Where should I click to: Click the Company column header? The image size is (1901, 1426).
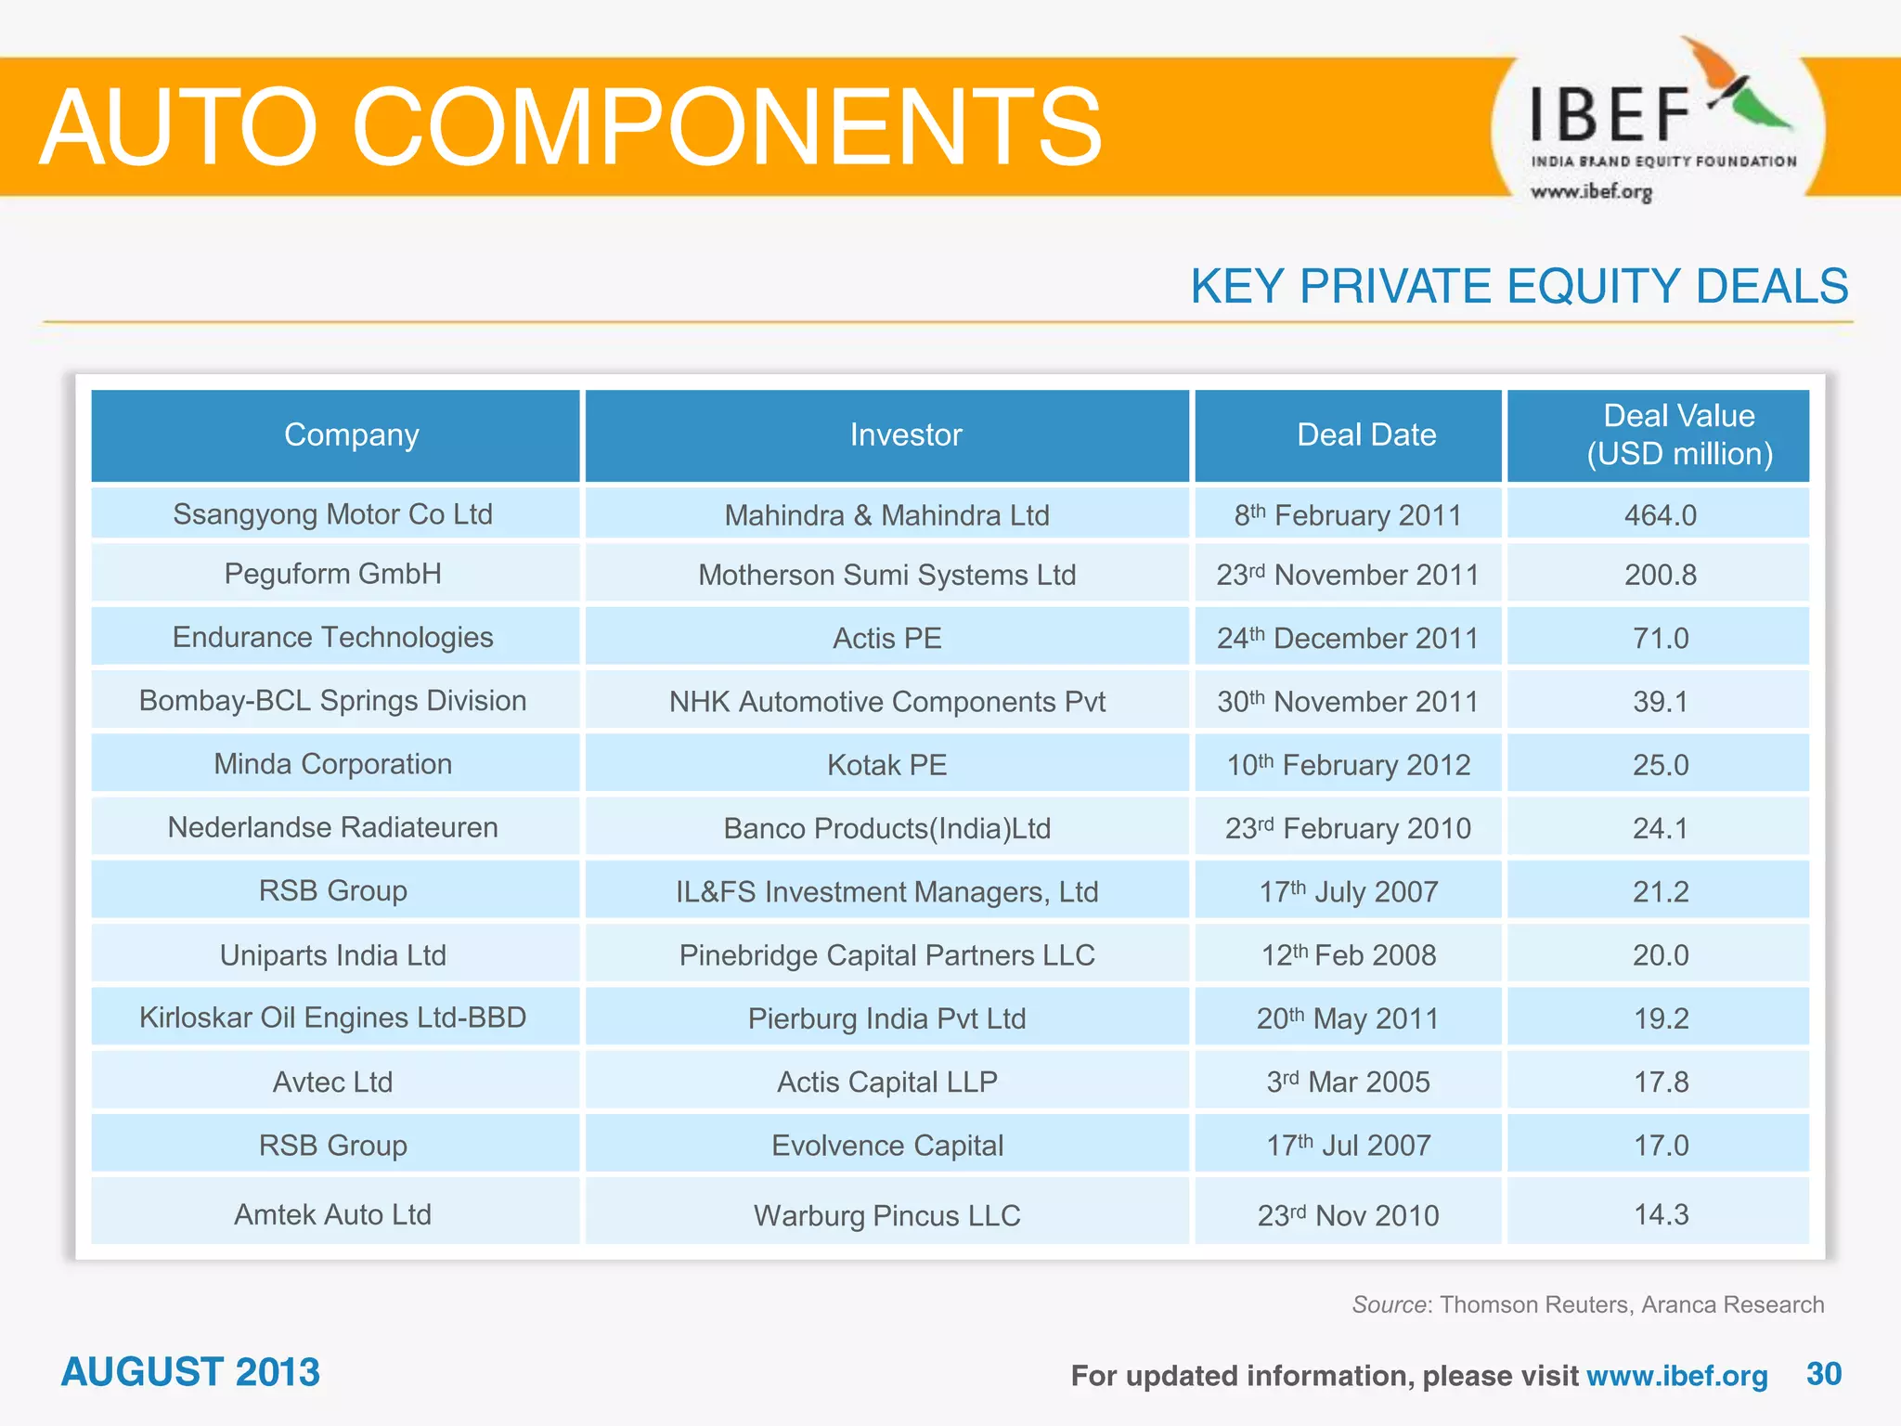[351, 434]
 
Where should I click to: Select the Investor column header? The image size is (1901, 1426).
[905, 434]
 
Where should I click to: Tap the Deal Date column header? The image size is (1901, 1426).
[1365, 434]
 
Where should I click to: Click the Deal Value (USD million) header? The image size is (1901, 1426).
[1678, 434]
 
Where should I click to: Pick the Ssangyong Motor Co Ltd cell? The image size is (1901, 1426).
[332, 514]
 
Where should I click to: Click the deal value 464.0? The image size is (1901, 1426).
[1660, 515]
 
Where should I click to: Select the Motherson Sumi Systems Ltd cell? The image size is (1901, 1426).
[886, 575]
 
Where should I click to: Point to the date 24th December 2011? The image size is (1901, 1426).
[1347, 638]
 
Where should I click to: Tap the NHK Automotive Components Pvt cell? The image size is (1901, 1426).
[886, 702]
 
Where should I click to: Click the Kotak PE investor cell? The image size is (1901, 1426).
[886, 765]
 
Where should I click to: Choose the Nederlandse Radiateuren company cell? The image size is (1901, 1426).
[332, 827]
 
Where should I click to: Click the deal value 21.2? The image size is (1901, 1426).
[1660, 891]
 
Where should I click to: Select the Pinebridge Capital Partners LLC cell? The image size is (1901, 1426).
[886, 955]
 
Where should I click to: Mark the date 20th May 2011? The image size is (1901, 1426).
[1347, 1018]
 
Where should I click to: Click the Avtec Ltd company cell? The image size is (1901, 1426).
[332, 1082]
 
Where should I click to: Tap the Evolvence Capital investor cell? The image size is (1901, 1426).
[886, 1146]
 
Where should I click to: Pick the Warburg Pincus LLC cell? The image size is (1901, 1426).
[886, 1215]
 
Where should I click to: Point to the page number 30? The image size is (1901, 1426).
[1823, 1374]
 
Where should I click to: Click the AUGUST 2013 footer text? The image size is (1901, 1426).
[190, 1372]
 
